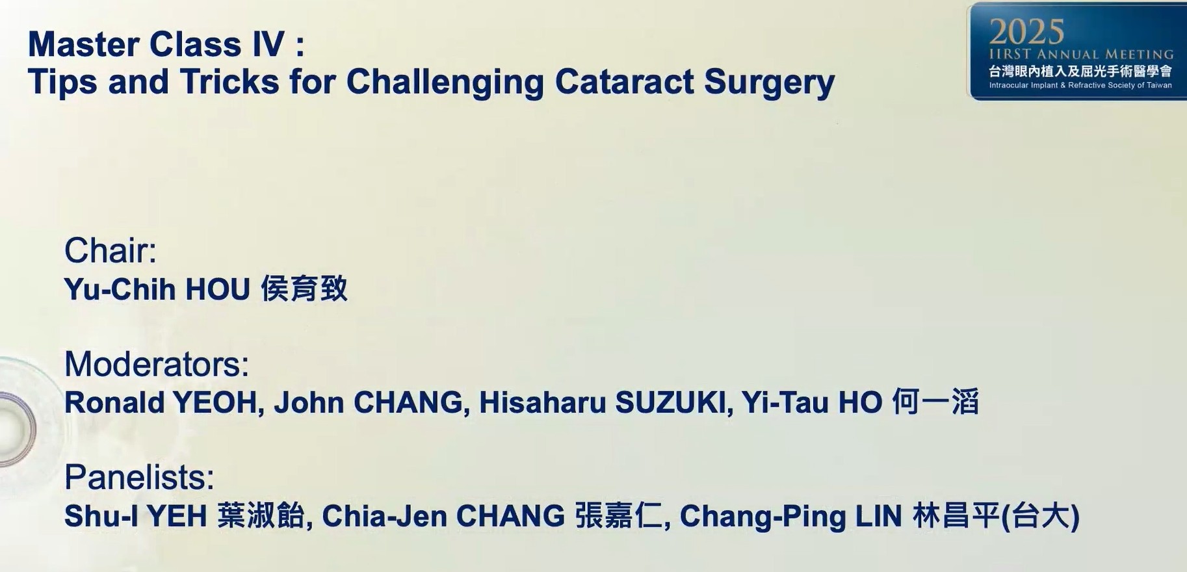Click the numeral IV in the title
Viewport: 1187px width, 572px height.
(268, 45)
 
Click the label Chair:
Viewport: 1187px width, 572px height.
(111, 250)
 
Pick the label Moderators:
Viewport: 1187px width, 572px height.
(157, 364)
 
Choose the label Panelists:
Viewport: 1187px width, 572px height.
(139, 478)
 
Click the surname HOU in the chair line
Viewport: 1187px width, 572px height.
(218, 289)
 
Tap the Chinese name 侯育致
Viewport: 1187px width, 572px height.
(304, 289)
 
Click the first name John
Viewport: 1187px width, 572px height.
(309, 403)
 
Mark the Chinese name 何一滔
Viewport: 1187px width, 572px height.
(935, 402)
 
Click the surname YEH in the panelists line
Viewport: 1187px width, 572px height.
(177, 517)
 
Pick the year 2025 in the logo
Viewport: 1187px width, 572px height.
(1027, 32)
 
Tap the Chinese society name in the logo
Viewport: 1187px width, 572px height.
(1080, 71)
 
